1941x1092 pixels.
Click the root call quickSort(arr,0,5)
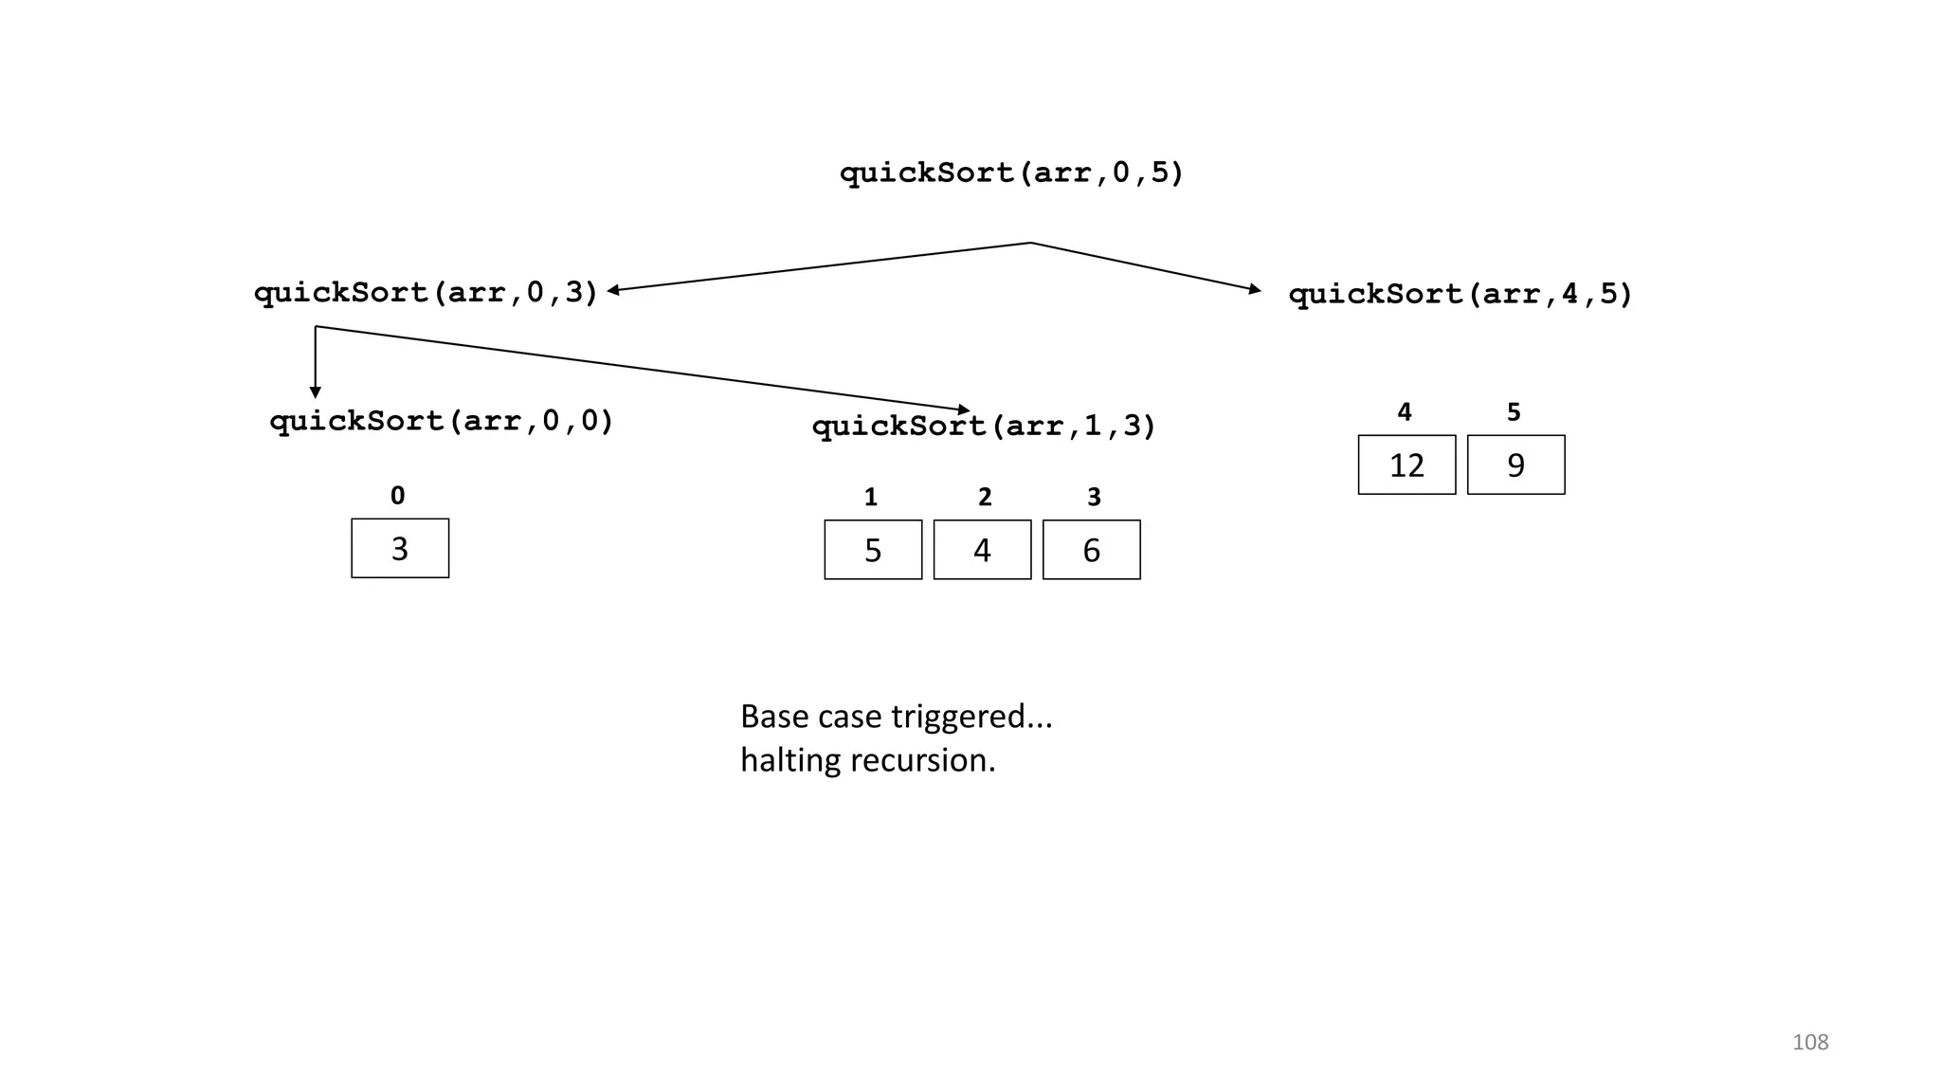click(1011, 173)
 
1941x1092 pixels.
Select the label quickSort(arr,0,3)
click(426, 293)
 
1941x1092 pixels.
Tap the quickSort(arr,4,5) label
click(1460, 295)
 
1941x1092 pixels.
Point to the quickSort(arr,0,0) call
click(442, 421)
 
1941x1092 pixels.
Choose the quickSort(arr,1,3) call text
click(984, 427)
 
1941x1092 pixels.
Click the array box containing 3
click(400, 549)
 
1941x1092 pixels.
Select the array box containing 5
click(873, 550)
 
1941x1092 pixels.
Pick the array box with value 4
click(982, 550)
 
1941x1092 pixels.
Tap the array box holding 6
click(1091, 550)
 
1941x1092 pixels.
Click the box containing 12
click(1406, 465)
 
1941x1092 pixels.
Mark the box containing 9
click(1515, 465)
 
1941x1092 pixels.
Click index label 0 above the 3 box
click(397, 496)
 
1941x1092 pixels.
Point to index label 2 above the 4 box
click(985, 498)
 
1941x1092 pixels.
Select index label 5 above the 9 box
click(1514, 412)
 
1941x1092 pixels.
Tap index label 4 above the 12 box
click(1405, 412)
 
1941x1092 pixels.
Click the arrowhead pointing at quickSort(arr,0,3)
click(614, 290)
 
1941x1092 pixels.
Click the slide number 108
click(1810, 1043)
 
